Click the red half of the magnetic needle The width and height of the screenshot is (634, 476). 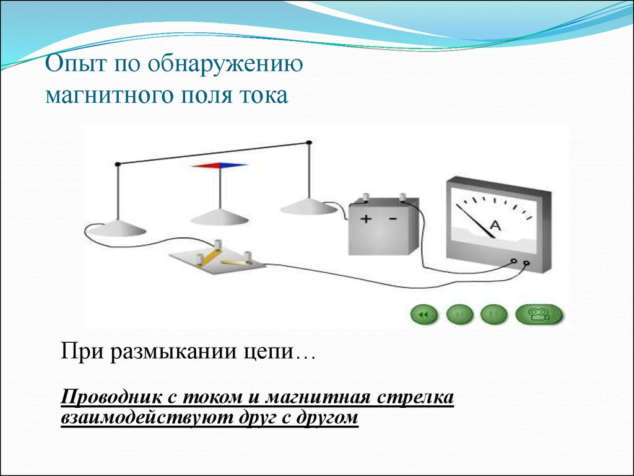tap(206, 165)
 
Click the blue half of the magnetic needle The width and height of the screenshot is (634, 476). tap(233, 165)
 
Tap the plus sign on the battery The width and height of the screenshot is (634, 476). tap(366, 219)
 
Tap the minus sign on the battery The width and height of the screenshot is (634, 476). tap(393, 219)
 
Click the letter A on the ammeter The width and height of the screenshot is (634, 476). tap(496, 226)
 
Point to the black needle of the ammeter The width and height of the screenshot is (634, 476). tap(475, 221)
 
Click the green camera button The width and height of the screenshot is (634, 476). tap(539, 314)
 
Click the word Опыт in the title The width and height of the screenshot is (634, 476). tap(76, 64)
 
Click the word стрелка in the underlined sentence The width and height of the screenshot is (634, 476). tap(415, 397)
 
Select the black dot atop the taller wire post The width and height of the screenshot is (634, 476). tap(309, 143)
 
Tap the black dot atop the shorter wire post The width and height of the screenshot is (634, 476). tap(118, 164)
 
